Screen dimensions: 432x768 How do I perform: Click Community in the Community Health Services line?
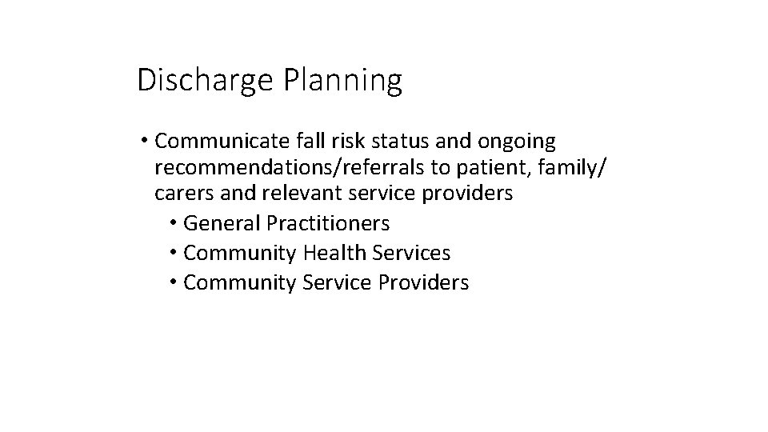pos(240,254)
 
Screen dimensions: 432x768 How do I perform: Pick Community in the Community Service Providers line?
pos(240,283)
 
